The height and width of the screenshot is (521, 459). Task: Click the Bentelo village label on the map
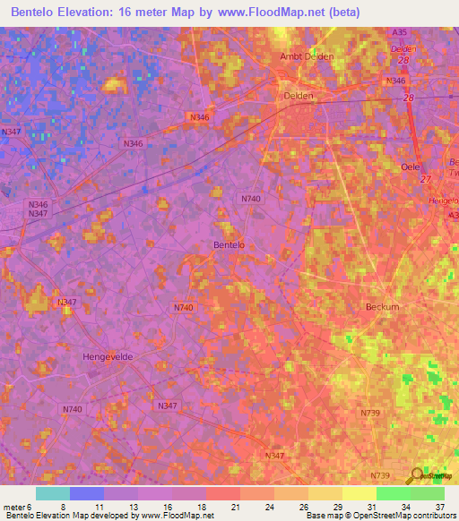point(229,244)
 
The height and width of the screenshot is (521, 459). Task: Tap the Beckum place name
point(383,307)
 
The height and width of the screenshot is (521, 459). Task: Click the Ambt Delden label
point(307,56)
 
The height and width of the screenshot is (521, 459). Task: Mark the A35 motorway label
point(400,32)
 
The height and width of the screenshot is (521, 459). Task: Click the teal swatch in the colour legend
point(53,493)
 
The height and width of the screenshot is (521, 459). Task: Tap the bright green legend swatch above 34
point(393,493)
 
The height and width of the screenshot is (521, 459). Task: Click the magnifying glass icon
point(415,476)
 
